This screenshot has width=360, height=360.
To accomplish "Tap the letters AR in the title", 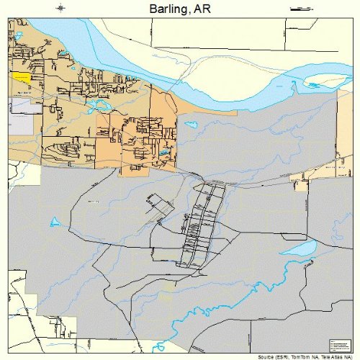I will point(204,8).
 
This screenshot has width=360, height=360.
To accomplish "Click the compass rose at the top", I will point(62,8).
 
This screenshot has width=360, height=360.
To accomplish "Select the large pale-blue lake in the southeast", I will point(299,249).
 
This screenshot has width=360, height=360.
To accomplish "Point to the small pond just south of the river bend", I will point(191,125).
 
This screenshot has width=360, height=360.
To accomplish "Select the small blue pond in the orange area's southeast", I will point(164,153).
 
